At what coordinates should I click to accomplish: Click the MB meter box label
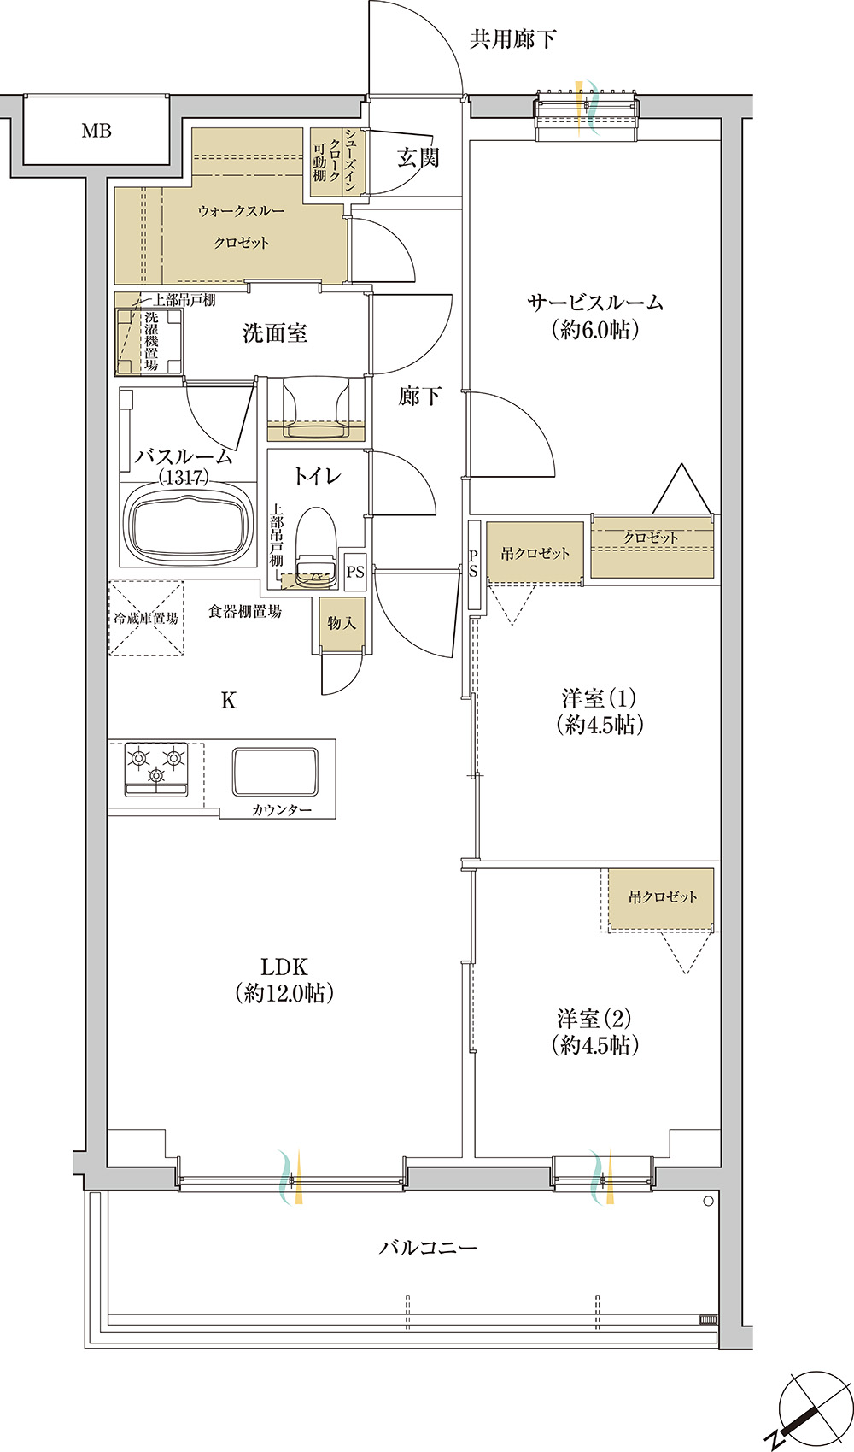[x=97, y=131]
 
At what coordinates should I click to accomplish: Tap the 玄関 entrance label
[x=418, y=157]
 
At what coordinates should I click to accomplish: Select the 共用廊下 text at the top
[x=512, y=39]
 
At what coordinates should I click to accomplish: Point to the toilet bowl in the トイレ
[x=316, y=544]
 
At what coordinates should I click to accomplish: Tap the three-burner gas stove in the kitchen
[x=156, y=768]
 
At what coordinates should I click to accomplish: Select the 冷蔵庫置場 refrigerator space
[x=146, y=619]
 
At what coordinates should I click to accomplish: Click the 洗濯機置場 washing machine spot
[x=149, y=341]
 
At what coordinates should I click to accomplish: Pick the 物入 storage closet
[x=342, y=624]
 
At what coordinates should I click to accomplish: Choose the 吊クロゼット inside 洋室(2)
[x=662, y=897]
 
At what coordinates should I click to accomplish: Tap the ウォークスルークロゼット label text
[x=241, y=226]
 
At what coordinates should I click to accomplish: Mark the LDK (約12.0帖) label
[x=284, y=979]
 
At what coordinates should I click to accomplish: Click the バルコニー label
[x=429, y=1247]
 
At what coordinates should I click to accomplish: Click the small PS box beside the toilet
[x=355, y=572]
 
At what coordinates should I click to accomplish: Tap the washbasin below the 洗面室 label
[x=316, y=409]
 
